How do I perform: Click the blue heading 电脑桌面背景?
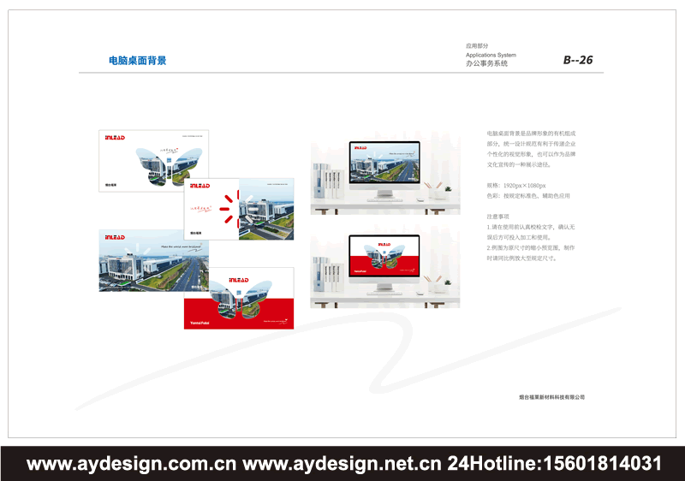(137, 61)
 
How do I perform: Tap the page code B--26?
(577, 60)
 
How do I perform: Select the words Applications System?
(491, 55)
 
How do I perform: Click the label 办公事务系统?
(486, 64)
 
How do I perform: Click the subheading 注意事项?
(498, 217)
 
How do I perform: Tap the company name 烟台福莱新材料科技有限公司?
(551, 397)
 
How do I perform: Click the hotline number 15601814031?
(599, 464)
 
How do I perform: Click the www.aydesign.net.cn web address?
(342, 464)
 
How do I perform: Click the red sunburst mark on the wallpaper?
(227, 209)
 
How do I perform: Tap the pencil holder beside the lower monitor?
(439, 283)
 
